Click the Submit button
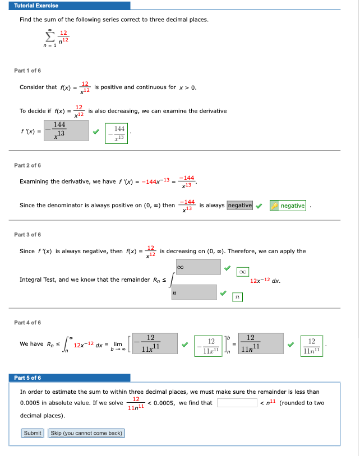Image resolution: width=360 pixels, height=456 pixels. (33, 433)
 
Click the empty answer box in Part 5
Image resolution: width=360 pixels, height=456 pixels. (237, 403)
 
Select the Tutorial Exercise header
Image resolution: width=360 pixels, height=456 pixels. (36, 6)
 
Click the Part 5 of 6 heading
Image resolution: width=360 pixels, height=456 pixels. (27, 378)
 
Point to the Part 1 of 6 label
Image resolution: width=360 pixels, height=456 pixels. (27, 71)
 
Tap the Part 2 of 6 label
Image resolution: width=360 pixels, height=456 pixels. (27, 165)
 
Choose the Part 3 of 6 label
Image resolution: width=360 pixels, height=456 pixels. (27, 235)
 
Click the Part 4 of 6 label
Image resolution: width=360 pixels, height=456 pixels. (27, 323)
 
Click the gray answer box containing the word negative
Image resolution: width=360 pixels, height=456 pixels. (240, 206)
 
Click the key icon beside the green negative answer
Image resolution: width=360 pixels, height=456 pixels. (275, 206)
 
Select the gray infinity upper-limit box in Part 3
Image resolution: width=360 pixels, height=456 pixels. (198, 267)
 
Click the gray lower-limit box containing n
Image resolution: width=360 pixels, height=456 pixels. (194, 292)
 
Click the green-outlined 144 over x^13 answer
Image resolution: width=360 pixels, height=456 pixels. (117, 133)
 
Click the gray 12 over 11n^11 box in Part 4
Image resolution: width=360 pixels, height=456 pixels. (261, 343)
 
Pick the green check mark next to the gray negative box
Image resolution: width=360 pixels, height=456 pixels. (259, 206)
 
